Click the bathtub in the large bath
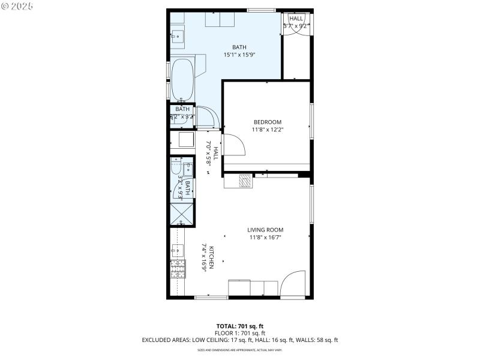tap(182, 80)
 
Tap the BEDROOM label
tap(267, 122)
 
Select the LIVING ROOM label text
tap(265, 230)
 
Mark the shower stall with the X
tap(181, 213)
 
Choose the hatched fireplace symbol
tap(245, 181)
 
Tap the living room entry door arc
tap(294, 283)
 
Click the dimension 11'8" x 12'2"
tap(267, 129)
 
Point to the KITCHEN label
tap(211, 258)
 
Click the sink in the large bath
tap(177, 36)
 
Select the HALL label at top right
tap(296, 19)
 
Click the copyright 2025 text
tap(18, 6)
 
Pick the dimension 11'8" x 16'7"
tap(265, 237)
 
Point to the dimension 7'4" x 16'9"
tap(204, 258)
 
